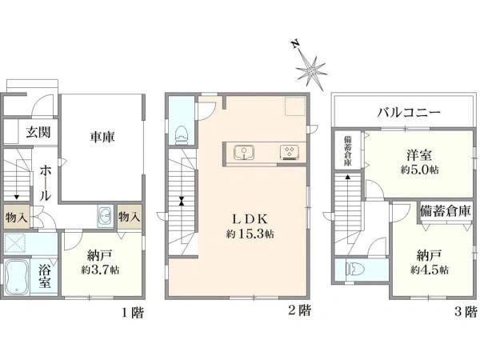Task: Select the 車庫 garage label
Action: [102, 137]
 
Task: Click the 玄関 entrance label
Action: [37, 133]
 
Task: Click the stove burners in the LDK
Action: [288, 152]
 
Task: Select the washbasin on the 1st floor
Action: [105, 216]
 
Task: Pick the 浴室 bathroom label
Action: [46, 274]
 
